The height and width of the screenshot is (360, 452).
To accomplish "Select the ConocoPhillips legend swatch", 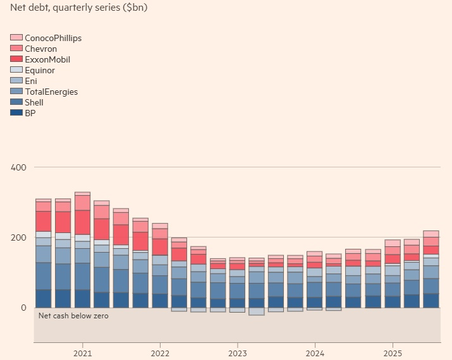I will pos(16,38).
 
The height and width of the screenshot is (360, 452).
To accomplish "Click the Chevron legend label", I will pos(40,49).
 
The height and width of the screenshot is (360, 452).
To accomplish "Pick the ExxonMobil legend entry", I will pos(47,59).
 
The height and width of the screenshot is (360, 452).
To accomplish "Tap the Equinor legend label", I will pos(40,70).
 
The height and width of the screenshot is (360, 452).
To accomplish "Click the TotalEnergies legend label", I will pos(51,92).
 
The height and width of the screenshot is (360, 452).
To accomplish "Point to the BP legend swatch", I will pos(16,113).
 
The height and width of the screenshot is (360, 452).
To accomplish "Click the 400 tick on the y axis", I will pos(18,167).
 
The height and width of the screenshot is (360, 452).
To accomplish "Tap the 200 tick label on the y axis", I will pos(18,237).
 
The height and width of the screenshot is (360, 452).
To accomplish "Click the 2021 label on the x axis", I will pos(83,353).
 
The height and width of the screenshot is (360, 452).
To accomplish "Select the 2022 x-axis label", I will pos(160,353).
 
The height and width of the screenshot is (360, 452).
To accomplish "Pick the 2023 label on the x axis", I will pos(238,353).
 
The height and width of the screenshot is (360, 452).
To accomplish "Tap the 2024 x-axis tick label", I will pos(315,353).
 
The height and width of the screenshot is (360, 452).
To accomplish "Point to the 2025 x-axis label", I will pos(393,353).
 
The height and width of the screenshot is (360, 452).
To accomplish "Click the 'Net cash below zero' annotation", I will pos(73,315).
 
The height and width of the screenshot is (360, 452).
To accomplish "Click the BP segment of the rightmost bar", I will pos(431,301).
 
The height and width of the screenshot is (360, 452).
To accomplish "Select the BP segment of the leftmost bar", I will pos(44,299).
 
